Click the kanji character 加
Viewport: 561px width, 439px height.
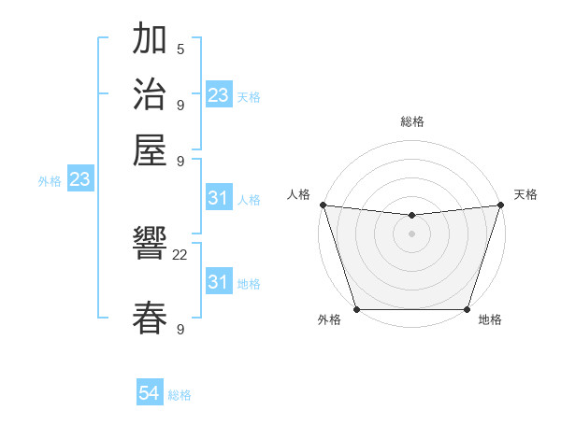151,39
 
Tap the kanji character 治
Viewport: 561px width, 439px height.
151,94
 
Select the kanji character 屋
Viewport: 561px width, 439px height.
151,149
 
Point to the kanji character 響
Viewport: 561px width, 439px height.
151,246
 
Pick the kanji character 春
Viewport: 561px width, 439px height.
151,319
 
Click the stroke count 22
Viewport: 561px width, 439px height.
180,254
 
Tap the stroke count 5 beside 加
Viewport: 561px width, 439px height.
180,49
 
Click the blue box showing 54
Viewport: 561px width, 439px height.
150,394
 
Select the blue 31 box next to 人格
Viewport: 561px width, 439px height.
219,198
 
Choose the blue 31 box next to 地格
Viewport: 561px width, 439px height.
219,282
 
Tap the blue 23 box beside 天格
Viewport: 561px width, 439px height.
219,95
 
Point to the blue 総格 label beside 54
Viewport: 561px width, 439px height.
180,396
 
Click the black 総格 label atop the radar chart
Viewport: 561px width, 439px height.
411,121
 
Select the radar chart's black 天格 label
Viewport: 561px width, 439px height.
525,194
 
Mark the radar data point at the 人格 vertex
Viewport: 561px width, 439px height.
323,205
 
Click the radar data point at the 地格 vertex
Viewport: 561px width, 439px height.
467,309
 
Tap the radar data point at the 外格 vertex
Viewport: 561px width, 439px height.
356,309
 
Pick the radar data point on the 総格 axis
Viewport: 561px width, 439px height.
411,216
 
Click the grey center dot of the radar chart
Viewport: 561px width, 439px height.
411,234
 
